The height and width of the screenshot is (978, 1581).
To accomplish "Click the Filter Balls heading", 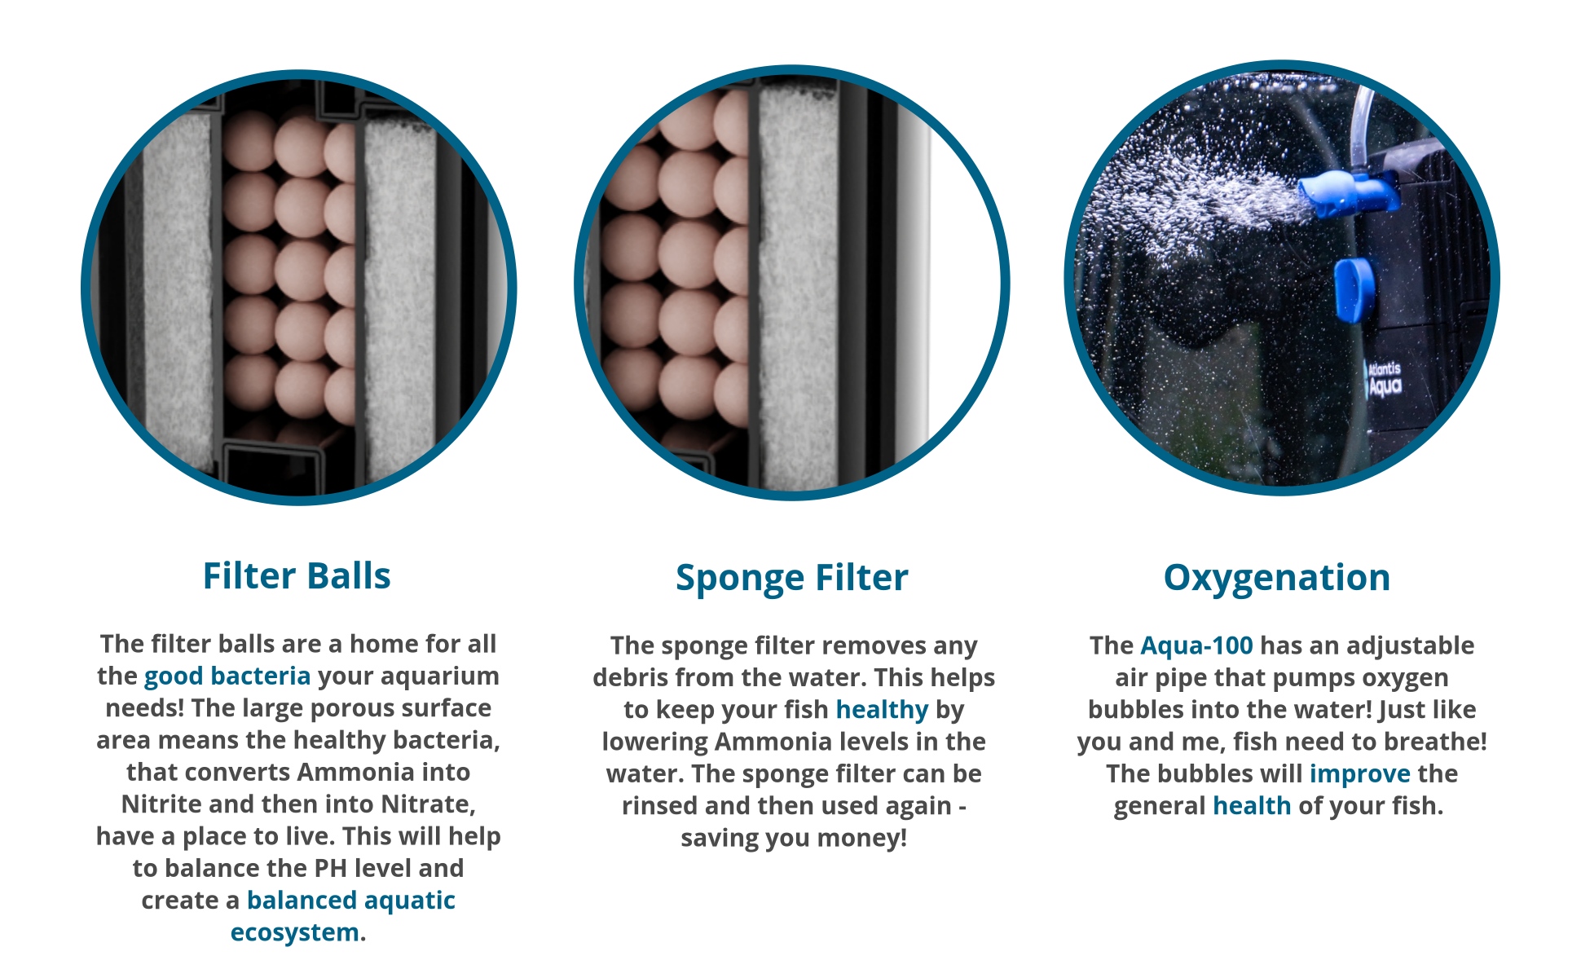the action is pyautogui.click(x=297, y=576).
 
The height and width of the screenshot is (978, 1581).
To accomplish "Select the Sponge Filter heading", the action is pyautogui.click(x=791, y=579).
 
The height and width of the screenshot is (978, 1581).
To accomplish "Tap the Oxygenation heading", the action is pyautogui.click(x=1276, y=579).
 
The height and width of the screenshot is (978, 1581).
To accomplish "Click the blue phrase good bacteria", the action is pyautogui.click(x=227, y=676).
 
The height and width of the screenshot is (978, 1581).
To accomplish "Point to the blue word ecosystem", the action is pyautogui.click(x=294, y=932).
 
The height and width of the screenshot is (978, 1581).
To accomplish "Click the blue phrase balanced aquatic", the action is pyautogui.click(x=351, y=901).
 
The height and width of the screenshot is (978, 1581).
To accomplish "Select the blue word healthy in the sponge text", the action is pyautogui.click(x=882, y=710).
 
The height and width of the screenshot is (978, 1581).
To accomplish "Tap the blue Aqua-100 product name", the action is pyautogui.click(x=1196, y=645).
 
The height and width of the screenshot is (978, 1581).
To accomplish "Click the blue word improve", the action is pyautogui.click(x=1359, y=773).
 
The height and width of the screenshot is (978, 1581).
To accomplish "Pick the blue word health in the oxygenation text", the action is pyautogui.click(x=1252, y=806).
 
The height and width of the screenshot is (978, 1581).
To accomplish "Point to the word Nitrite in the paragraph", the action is pyautogui.click(x=161, y=804).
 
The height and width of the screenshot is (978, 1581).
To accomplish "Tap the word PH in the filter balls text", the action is pyautogui.click(x=330, y=869).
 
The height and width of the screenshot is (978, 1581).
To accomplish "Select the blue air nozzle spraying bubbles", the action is pyautogui.click(x=1346, y=195).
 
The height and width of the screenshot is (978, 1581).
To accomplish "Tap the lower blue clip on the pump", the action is pyautogui.click(x=1354, y=289).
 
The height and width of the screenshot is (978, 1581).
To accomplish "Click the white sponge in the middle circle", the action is pyautogui.click(x=797, y=285).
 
